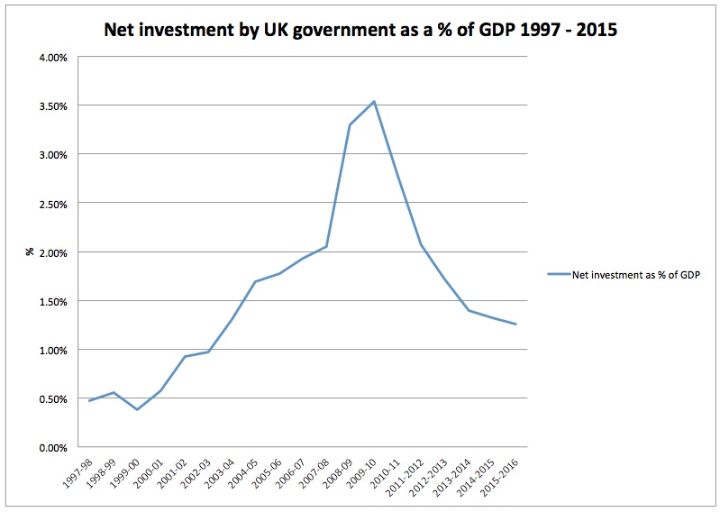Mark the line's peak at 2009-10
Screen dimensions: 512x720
(x=373, y=101)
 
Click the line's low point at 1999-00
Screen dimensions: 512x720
(x=137, y=409)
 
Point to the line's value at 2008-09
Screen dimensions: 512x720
(x=350, y=124)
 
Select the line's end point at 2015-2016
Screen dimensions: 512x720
(x=515, y=325)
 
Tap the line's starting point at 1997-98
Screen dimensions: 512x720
(x=89, y=400)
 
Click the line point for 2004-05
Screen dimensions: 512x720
(x=255, y=281)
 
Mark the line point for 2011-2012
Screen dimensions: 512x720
(x=421, y=244)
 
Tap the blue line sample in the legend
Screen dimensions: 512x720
(x=557, y=276)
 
